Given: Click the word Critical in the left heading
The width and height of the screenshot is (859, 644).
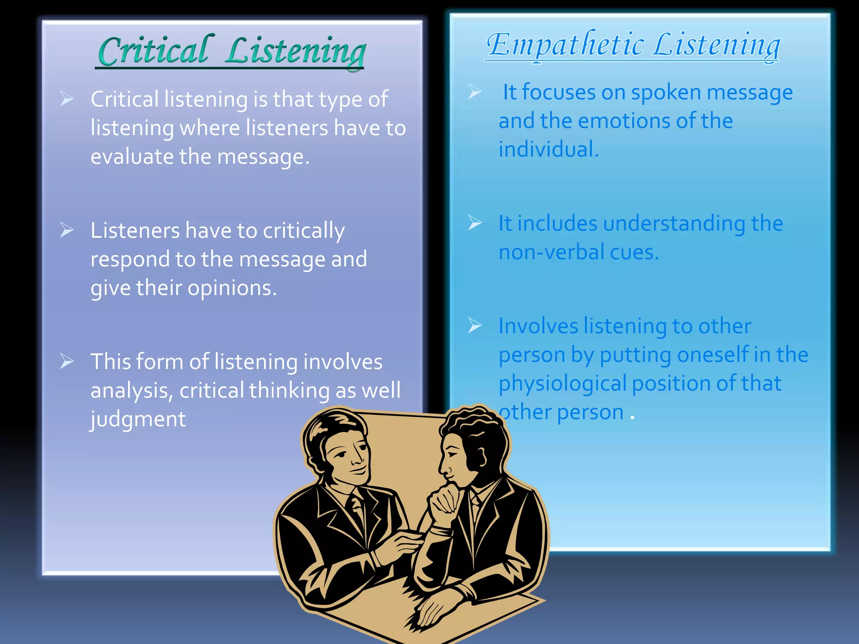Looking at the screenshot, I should click(x=153, y=51).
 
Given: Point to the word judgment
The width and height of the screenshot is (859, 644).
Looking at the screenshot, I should click(x=138, y=419).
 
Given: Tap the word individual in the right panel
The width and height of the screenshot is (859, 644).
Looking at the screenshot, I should click(x=548, y=150).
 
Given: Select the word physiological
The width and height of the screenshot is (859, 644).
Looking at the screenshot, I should click(x=562, y=384).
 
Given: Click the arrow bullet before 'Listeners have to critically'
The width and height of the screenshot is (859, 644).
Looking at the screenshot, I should click(x=67, y=230).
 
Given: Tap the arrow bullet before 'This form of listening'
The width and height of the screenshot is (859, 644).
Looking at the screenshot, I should click(x=67, y=361).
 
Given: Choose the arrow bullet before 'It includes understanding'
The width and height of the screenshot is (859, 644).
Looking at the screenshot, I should click(x=474, y=223).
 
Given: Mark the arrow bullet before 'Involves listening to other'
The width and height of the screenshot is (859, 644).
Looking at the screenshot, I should click(x=474, y=325).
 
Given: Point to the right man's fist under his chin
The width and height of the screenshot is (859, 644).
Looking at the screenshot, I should click(x=445, y=501).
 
